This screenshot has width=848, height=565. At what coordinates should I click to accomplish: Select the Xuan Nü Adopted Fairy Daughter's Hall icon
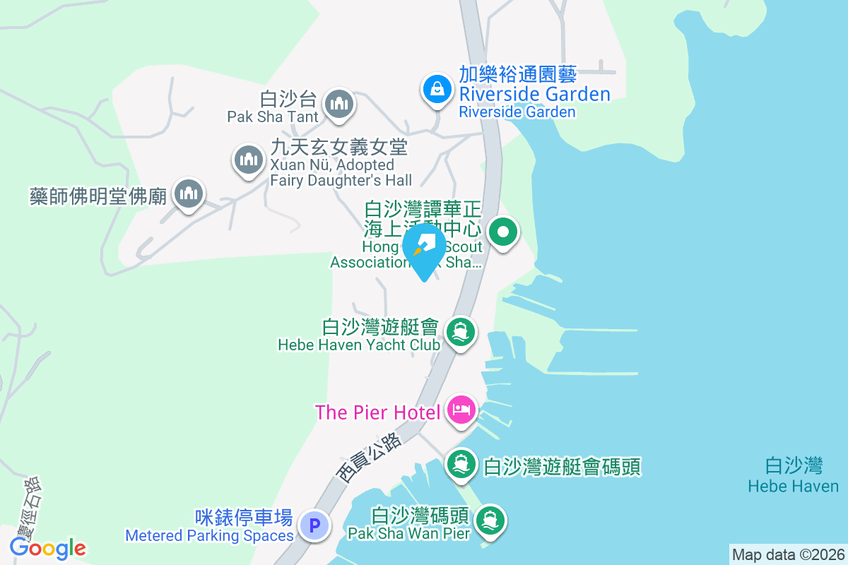click(x=248, y=159)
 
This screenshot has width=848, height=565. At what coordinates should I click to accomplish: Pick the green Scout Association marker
click(x=503, y=231)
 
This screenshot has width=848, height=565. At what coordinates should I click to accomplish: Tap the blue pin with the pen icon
click(x=424, y=249)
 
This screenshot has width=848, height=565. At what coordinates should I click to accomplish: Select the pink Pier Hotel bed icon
click(x=461, y=410)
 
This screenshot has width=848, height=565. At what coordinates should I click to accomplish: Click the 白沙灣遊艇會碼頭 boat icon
click(x=461, y=464)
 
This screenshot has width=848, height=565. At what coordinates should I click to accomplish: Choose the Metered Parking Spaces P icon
click(x=314, y=525)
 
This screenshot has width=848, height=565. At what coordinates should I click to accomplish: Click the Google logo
click(x=48, y=547)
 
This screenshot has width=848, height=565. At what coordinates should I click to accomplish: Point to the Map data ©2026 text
click(x=788, y=554)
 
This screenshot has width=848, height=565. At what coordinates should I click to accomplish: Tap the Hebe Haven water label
click(x=794, y=486)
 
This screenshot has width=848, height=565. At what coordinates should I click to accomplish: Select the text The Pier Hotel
click(x=378, y=412)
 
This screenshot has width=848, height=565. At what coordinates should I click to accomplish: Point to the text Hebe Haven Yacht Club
click(x=359, y=345)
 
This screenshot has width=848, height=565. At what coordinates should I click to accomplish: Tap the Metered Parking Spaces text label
click(x=209, y=535)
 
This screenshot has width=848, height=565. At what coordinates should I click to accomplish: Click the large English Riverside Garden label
click(x=534, y=94)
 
